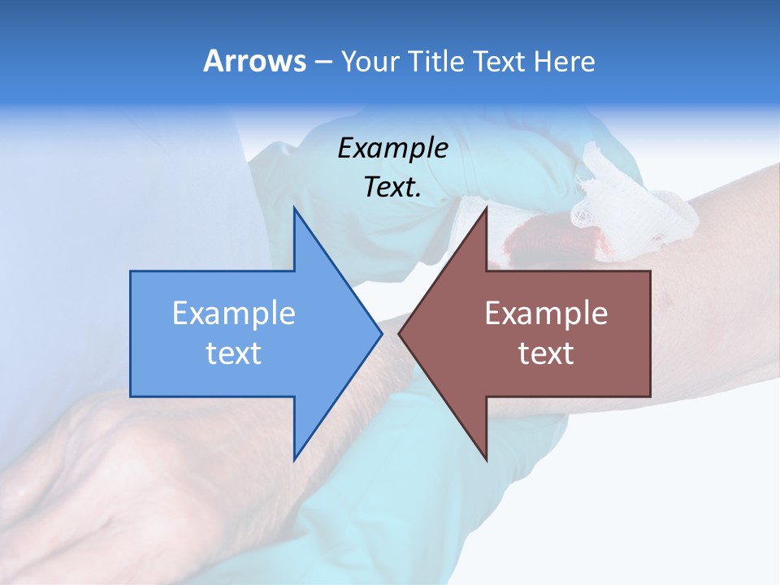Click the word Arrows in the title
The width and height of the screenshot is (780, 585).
coord(253,61)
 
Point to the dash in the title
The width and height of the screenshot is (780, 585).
coord(323,62)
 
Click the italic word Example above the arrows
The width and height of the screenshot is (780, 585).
coord(393,148)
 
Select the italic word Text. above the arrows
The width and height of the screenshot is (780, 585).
coord(393,187)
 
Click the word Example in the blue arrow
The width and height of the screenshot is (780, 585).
coord(234,314)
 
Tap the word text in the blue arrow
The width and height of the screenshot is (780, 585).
coord(234,353)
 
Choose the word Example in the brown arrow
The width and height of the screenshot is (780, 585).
coord(546,314)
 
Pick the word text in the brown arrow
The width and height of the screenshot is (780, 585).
coord(546,353)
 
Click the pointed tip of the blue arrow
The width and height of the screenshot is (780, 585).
coord(380,333)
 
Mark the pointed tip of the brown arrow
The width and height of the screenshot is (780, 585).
coord(401,333)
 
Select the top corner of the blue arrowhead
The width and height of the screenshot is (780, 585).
coord(294,208)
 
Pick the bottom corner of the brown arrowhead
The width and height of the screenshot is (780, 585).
coord(487,460)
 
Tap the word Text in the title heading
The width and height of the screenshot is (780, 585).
coord(498,61)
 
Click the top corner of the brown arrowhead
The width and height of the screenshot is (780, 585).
coord(487,208)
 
